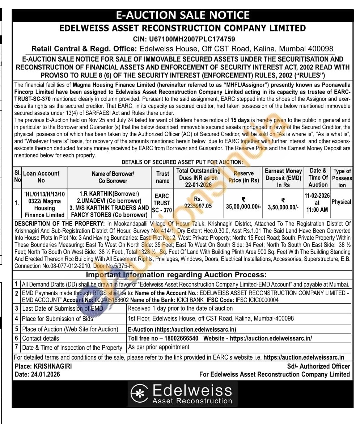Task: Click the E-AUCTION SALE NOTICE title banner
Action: point(182,15)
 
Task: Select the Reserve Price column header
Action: point(243,177)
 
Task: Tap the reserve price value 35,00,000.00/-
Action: point(243,207)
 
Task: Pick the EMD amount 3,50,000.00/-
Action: point(283,207)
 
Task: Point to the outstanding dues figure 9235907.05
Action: point(198,206)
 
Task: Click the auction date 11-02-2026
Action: point(317,196)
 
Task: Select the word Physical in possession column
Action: point(341,202)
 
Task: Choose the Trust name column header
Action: point(163,177)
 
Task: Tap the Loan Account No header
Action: point(41,177)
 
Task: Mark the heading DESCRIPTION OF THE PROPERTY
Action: point(59,224)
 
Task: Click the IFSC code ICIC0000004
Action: point(260,300)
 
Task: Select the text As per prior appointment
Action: point(159,347)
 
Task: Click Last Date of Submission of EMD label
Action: point(63,308)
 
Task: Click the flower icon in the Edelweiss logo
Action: point(139,394)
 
